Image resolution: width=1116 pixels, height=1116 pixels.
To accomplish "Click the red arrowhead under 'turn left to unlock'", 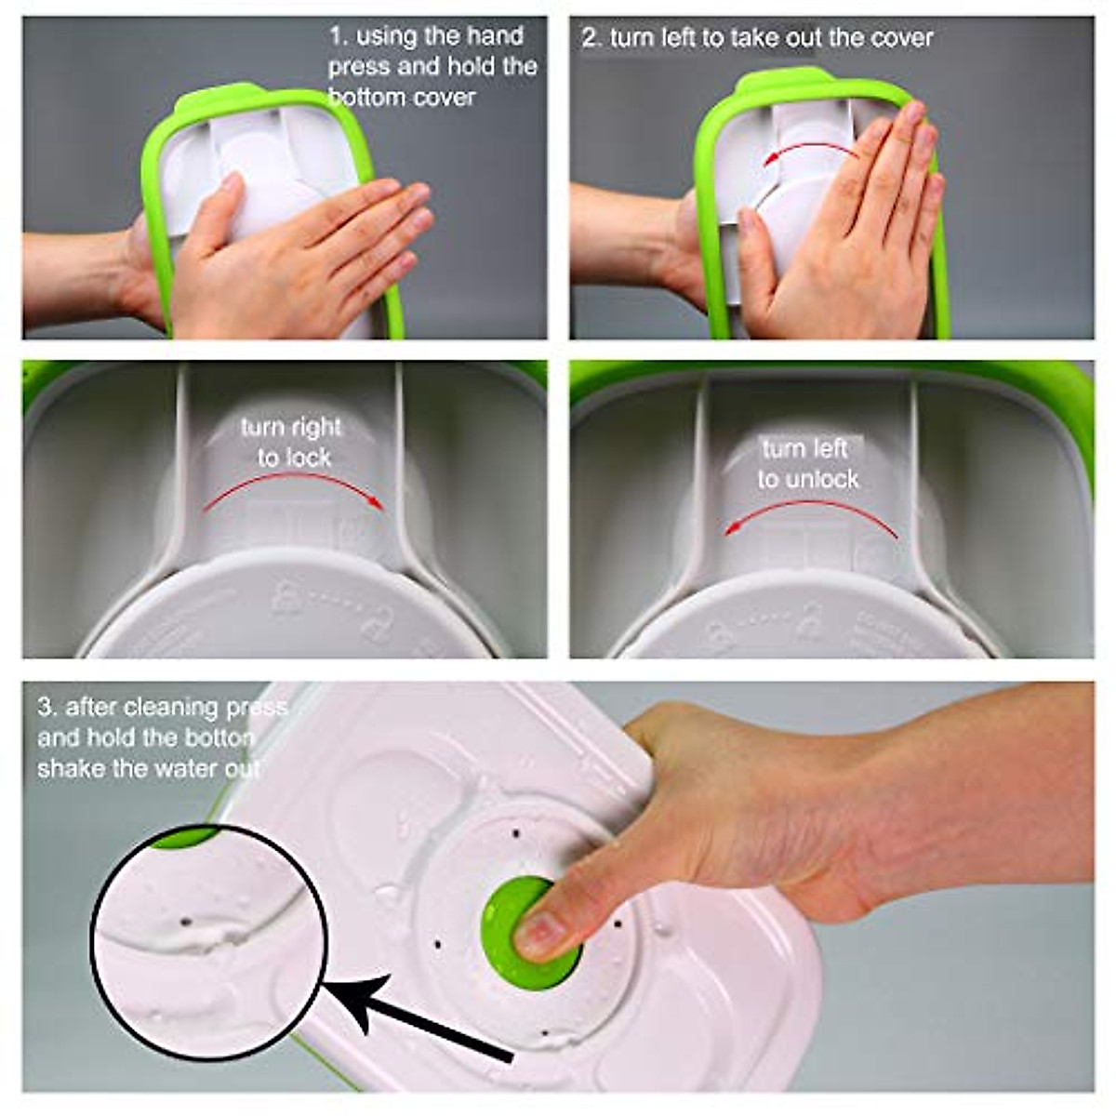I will click(732, 528).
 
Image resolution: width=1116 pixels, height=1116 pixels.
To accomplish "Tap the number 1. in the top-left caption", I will click(338, 37).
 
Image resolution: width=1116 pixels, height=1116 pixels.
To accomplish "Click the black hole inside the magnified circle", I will click(184, 922).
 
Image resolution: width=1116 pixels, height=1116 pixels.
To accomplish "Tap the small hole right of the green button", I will click(618, 925).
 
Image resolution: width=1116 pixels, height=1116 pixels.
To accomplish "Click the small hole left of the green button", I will click(438, 942).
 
